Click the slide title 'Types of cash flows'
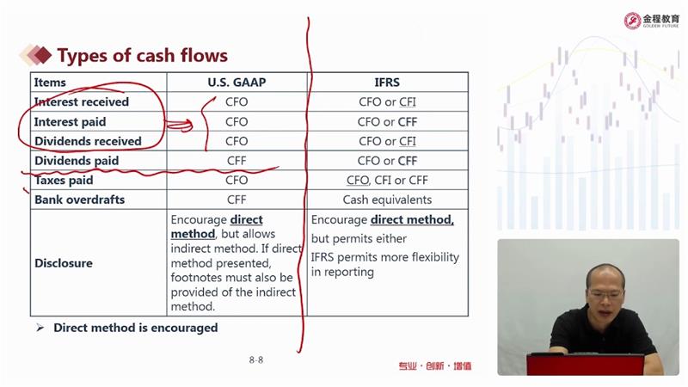tap(143, 56)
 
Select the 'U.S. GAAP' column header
tap(236, 83)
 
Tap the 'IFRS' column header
tap(387, 83)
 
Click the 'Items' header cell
tap(50, 83)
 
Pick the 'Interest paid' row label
tap(71, 121)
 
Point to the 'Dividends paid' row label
tap(77, 161)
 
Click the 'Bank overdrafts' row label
tap(79, 200)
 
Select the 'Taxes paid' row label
tap(64, 181)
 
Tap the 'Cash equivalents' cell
tap(387, 200)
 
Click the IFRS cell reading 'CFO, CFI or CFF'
tap(387, 181)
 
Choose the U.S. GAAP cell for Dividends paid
tap(236, 161)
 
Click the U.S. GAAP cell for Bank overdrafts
tap(236, 200)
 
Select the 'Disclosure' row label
tap(64, 263)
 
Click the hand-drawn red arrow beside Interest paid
tap(179, 126)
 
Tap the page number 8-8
tap(255, 360)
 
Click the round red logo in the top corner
tap(632, 21)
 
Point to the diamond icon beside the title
tap(36, 55)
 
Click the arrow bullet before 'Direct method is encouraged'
tap(40, 328)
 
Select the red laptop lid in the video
tap(586, 365)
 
